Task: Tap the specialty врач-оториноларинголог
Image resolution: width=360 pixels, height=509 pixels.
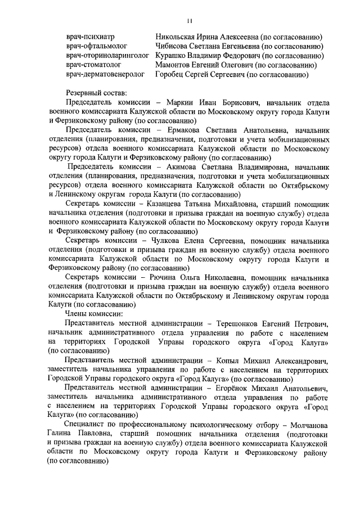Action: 107,56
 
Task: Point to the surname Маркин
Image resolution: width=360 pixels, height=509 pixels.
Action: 182,103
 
